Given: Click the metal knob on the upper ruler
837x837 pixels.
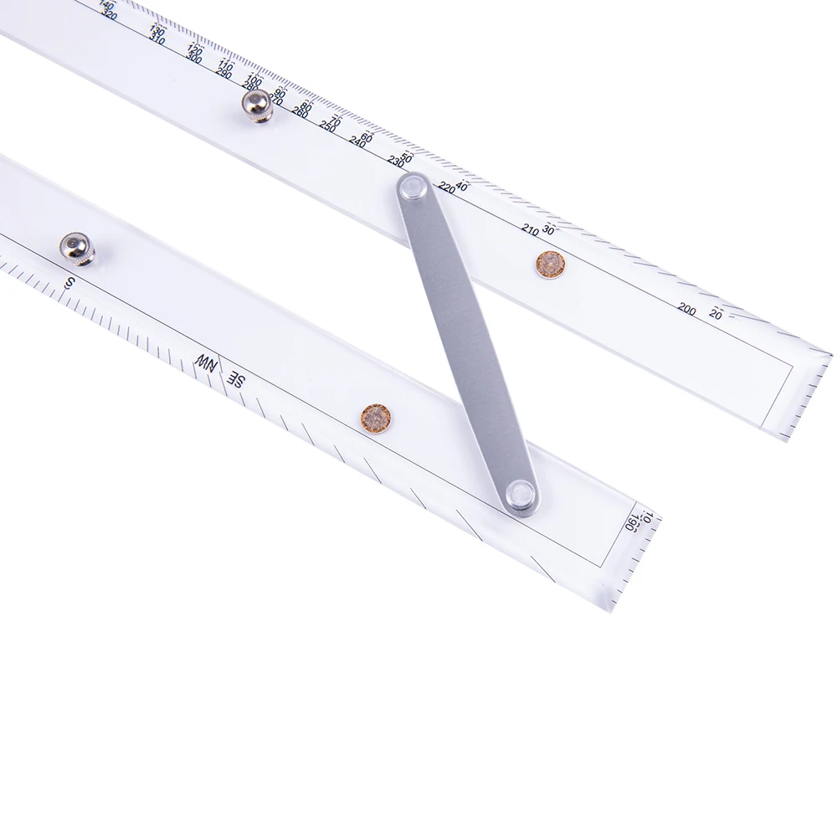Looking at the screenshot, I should click(256, 106).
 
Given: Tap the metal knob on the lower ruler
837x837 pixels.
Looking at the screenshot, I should click(76, 247).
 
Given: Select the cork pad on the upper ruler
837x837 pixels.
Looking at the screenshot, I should click(550, 264).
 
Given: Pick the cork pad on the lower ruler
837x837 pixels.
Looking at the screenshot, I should click(376, 418).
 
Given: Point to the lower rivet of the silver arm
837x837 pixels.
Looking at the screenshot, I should click(521, 496).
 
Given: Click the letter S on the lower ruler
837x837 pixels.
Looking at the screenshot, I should click(69, 283).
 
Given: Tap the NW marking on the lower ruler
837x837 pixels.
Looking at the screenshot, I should click(205, 362).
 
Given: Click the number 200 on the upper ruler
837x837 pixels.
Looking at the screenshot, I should click(686, 310).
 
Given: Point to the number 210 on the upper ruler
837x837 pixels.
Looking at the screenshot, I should click(530, 229).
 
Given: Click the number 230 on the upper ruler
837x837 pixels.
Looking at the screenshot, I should click(396, 162).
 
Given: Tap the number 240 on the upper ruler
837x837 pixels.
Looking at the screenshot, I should click(358, 142).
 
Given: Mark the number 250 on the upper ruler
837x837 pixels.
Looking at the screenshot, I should click(326, 127).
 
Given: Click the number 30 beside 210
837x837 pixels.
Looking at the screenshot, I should click(548, 229).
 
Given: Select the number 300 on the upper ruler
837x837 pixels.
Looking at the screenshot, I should click(194, 59).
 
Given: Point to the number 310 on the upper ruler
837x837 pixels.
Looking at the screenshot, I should click(157, 40).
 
